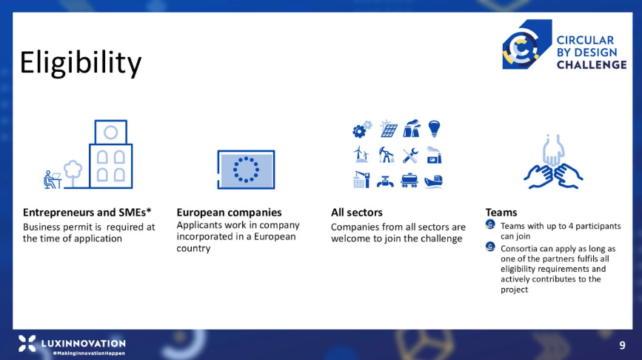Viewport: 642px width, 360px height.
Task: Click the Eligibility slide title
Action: tap(81, 63)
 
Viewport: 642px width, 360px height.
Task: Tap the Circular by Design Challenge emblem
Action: tap(526, 44)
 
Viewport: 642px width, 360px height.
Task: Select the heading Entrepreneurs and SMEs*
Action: tap(87, 212)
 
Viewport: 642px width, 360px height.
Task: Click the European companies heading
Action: tap(229, 212)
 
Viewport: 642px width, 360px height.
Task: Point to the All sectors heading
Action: tap(357, 212)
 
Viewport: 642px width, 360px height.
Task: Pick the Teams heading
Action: tap(501, 212)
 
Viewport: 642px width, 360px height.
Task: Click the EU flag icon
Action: tap(246, 170)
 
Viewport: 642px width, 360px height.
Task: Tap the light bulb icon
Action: tap(434, 129)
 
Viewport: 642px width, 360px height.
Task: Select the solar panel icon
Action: tap(388, 129)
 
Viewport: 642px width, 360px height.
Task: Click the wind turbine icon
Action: tap(361, 154)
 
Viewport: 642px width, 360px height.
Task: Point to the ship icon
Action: tap(434, 181)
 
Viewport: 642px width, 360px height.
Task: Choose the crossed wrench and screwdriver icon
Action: tap(409, 156)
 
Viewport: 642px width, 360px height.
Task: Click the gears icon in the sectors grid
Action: tap(362, 129)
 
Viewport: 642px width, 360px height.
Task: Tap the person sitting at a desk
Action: tap(52, 180)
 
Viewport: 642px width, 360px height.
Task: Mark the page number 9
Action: tap(622, 345)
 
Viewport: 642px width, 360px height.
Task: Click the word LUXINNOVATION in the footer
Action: tap(84, 343)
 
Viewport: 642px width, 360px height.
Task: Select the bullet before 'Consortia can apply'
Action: tap(490, 247)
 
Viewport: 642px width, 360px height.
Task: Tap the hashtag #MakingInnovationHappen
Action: tap(89, 353)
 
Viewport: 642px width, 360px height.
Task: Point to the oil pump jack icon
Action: tap(386, 155)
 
